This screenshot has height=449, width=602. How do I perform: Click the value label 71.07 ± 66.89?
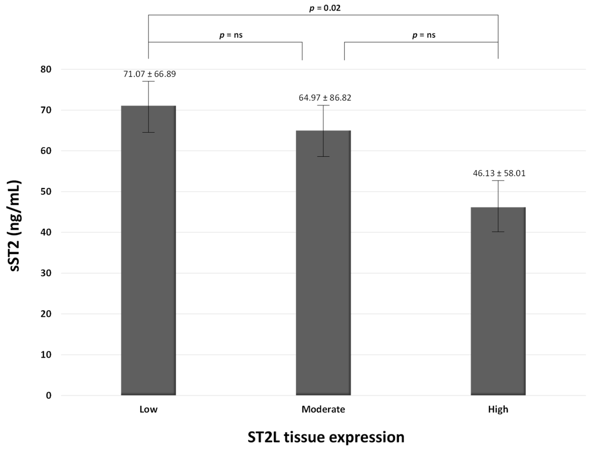click(x=150, y=74)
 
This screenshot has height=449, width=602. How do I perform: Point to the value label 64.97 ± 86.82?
click(x=325, y=98)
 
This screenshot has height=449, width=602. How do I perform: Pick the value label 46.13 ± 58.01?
click(x=499, y=173)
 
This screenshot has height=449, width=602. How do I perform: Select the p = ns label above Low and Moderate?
click(x=231, y=35)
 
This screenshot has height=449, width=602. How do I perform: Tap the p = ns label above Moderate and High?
click(x=424, y=35)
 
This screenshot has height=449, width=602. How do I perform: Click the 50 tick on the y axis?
click(x=46, y=192)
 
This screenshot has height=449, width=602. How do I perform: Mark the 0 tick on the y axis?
click(x=48, y=395)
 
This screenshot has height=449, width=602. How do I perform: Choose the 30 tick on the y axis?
click(x=46, y=273)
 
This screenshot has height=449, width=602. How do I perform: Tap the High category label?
click(x=498, y=409)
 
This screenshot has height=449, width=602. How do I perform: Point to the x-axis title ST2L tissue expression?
click(x=326, y=437)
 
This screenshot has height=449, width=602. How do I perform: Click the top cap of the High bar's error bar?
click(x=498, y=180)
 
